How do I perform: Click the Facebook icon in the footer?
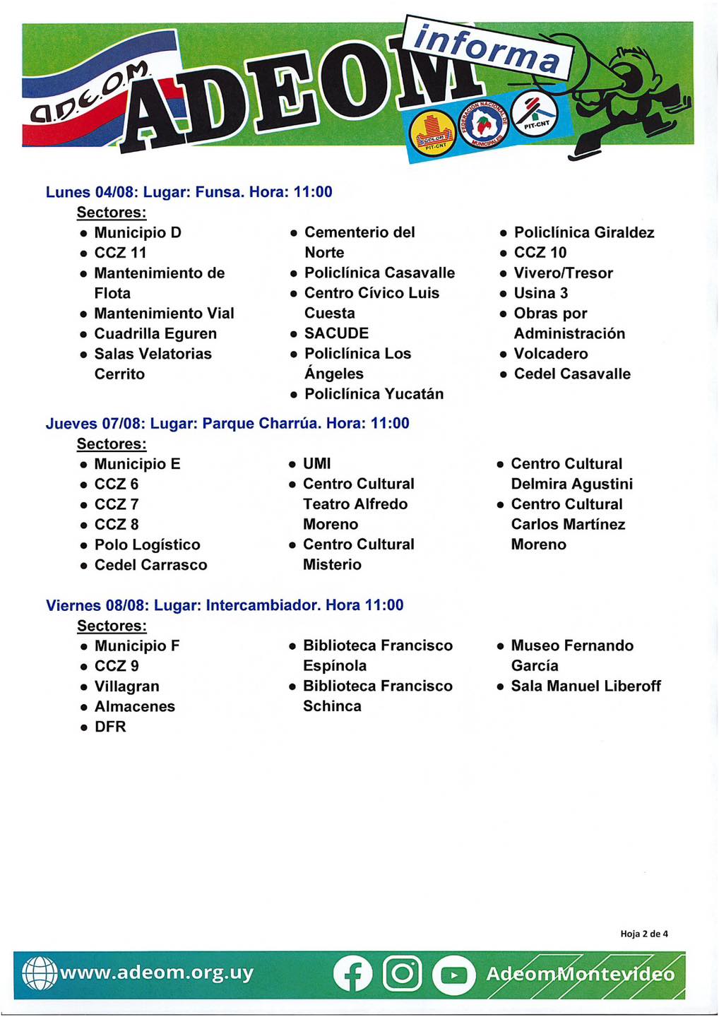pyautogui.click(x=352, y=974)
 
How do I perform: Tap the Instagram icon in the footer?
pyautogui.click(x=402, y=974)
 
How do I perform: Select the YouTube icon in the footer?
pyautogui.click(x=453, y=975)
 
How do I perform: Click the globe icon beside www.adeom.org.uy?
pyautogui.click(x=40, y=973)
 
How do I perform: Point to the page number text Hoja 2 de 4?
pyautogui.click(x=643, y=934)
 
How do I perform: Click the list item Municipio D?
pyautogui.click(x=138, y=232)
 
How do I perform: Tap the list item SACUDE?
pyautogui.click(x=336, y=333)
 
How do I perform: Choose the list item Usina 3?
pyautogui.click(x=541, y=293)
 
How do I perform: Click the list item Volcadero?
pyautogui.click(x=551, y=354)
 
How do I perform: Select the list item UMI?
pyautogui.click(x=316, y=464)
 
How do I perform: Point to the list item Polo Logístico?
pyautogui.click(x=147, y=545)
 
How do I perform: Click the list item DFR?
pyautogui.click(x=110, y=727)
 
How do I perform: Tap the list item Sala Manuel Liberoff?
pyautogui.click(x=586, y=686)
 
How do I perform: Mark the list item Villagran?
pyautogui.click(x=126, y=686)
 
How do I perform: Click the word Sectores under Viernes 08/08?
pyautogui.click(x=112, y=626)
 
